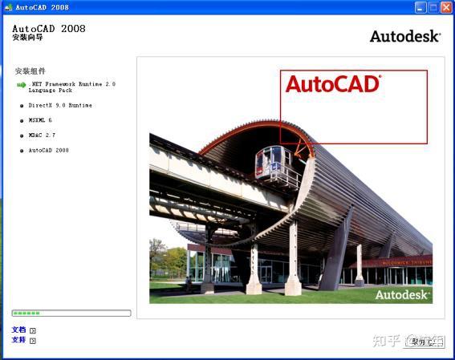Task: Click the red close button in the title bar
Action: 445,7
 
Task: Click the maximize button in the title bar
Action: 433,7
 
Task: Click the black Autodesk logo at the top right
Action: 404,36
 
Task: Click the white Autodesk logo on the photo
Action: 402,294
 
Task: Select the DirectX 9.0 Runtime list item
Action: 60,105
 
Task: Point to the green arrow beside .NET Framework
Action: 22,84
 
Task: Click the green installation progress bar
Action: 71,313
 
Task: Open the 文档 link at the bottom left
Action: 19,330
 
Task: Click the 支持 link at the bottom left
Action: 19,340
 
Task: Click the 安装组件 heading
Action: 30,71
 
